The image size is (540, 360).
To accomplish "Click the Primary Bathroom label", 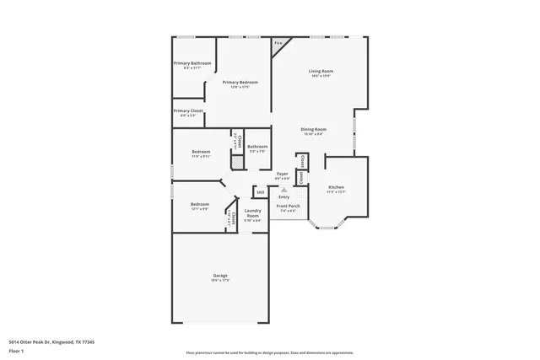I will [x=192, y=64].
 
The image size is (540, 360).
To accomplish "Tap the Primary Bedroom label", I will [x=240, y=83].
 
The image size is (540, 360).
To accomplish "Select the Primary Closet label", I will [x=189, y=111].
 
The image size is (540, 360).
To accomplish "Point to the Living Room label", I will [x=320, y=72].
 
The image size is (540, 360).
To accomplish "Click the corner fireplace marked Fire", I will [x=278, y=44].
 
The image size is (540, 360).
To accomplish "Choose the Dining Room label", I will [x=314, y=130].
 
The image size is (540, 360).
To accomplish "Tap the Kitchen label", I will [x=336, y=187].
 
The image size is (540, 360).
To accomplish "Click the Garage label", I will [x=219, y=276].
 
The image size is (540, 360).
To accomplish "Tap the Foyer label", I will [x=283, y=175].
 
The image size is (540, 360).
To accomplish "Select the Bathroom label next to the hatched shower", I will [x=257, y=148].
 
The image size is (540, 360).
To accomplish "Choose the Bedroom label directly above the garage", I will [x=199, y=205].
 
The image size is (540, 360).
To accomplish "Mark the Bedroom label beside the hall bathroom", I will [x=200, y=153].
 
